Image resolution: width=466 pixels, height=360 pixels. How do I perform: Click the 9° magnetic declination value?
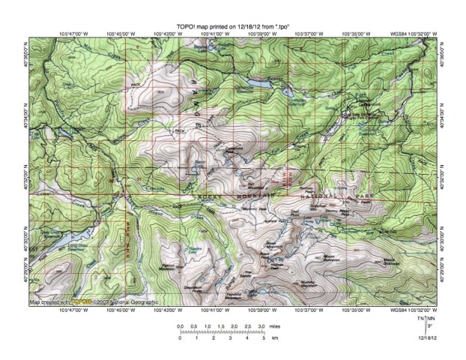[429, 328]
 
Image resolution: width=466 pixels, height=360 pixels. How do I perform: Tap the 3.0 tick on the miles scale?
[260, 328]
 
